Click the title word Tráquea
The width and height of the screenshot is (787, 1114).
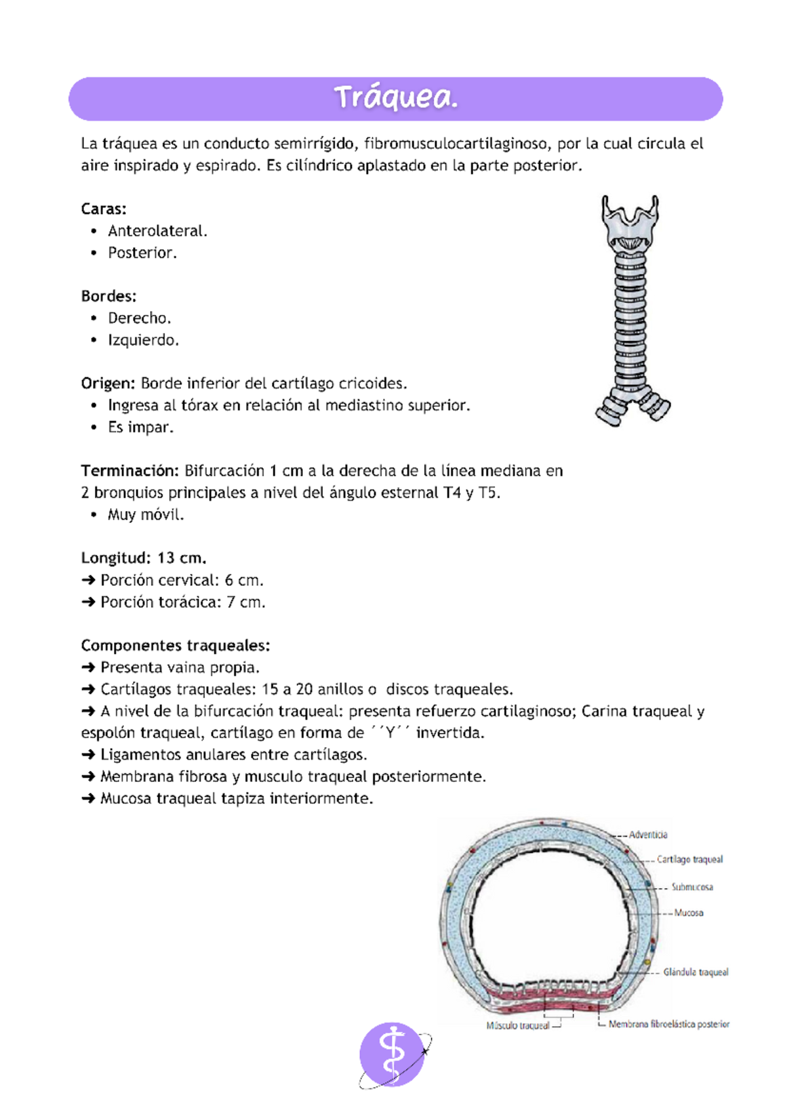(395, 98)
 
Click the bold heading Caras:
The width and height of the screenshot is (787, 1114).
(104, 209)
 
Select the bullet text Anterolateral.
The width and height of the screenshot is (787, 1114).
(157, 231)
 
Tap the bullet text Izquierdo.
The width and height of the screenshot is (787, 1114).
(143, 340)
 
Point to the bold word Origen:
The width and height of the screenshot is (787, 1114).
(108, 384)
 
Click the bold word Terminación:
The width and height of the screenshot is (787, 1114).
(130, 471)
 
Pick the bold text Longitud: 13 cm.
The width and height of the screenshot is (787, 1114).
(144, 558)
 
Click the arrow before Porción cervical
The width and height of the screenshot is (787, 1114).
(89, 581)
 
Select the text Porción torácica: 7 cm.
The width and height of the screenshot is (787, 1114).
(182, 602)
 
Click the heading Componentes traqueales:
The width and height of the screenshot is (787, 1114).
(175, 646)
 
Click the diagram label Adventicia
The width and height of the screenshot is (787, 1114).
(648, 835)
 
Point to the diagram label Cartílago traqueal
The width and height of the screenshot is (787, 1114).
(689, 859)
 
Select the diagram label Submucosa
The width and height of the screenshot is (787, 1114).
(692, 887)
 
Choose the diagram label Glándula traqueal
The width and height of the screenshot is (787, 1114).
(695, 972)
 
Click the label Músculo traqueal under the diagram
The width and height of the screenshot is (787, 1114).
(517, 1025)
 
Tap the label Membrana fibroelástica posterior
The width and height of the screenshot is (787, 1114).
(668, 1024)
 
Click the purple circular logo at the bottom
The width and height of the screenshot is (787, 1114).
(392, 1054)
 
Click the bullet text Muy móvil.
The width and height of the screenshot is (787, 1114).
(146, 515)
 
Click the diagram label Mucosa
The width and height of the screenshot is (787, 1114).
(689, 913)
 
